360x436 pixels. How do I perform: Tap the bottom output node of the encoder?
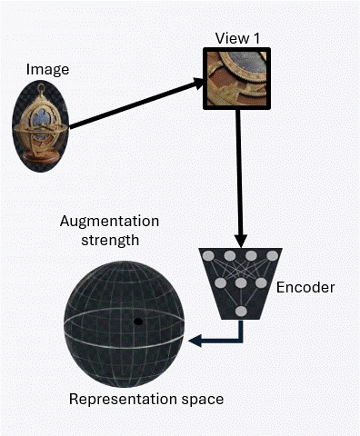click(241, 312)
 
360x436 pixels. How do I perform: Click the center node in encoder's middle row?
click(241, 283)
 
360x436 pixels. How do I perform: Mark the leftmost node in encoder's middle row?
click(219, 283)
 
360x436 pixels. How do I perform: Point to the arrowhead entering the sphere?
click(195, 341)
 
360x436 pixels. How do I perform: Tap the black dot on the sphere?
click(138, 322)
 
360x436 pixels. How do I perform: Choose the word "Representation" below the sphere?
click(111, 399)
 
